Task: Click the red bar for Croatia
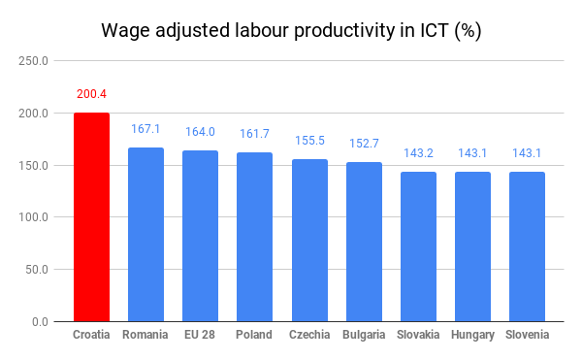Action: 92,216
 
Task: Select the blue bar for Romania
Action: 145,234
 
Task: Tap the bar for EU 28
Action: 200,236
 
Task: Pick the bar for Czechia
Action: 309,240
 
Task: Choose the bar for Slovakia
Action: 418,246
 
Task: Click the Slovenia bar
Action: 527,246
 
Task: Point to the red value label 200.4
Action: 92,94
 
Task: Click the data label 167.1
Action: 145,129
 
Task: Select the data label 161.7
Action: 254,134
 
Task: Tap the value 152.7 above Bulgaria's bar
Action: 364,144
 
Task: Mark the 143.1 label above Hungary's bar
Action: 472,153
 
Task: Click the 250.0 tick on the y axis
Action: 33,61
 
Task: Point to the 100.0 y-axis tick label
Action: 33,217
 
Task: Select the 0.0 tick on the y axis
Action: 40,322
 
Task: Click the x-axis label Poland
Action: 254,335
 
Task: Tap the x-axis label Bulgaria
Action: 364,335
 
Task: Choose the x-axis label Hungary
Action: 472,335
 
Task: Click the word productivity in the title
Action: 344,30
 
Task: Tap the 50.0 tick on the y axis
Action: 37,270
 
